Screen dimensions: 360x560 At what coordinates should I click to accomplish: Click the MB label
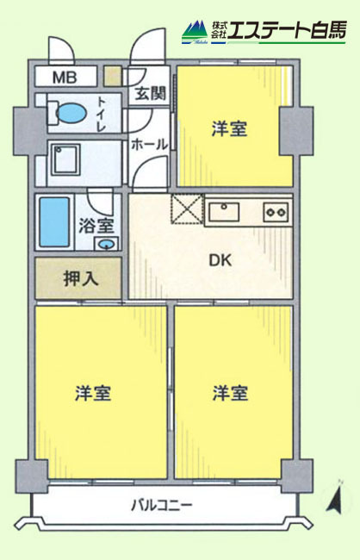tap(65, 78)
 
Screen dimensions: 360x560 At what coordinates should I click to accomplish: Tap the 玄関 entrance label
tap(151, 94)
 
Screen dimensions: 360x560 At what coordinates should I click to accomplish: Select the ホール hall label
tap(149, 145)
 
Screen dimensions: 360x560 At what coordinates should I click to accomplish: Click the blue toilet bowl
tap(71, 113)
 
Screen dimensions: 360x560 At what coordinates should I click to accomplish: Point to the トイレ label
tap(102, 114)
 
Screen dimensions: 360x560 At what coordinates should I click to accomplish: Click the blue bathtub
tap(54, 221)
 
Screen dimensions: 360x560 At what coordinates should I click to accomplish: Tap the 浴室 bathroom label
tap(96, 226)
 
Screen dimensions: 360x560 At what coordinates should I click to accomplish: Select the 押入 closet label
tap(81, 278)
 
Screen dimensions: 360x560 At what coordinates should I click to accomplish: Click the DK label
tap(220, 260)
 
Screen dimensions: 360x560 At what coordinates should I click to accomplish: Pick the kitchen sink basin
tap(224, 212)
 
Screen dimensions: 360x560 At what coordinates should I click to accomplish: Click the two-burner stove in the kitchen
tap(276, 212)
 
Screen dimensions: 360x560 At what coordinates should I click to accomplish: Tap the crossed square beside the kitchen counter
tap(187, 209)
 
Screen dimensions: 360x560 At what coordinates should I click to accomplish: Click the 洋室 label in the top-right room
tap(229, 128)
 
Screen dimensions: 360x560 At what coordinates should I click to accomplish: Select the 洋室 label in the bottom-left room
tap(93, 393)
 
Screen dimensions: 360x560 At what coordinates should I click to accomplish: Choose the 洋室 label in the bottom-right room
tap(230, 393)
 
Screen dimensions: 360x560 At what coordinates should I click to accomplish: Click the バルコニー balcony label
tap(162, 506)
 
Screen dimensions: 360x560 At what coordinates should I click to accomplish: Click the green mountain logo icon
tap(195, 31)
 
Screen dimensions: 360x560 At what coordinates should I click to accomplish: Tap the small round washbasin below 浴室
tap(107, 244)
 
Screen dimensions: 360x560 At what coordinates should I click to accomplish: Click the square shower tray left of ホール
tap(65, 159)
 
